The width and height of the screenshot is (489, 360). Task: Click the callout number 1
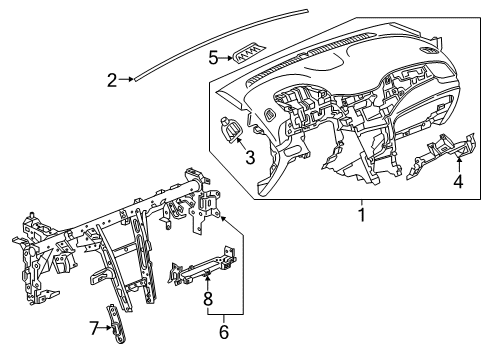(x=362, y=215)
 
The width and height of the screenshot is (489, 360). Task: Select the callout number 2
(x=112, y=80)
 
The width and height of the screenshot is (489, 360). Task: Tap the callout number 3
(x=250, y=157)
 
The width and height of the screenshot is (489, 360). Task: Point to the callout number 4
(x=459, y=181)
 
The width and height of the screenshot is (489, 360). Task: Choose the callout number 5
(x=213, y=58)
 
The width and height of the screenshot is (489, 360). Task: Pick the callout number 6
(x=224, y=332)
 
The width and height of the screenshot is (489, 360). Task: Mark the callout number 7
(x=94, y=328)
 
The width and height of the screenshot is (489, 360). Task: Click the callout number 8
(x=208, y=299)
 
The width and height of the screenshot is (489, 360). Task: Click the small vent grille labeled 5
(x=249, y=53)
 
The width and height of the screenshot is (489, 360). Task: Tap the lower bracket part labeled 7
(x=115, y=323)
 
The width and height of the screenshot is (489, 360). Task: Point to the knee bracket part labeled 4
(x=441, y=156)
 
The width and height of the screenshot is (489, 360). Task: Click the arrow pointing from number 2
(x=126, y=79)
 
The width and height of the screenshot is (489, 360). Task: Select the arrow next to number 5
(x=226, y=58)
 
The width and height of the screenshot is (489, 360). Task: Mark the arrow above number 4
(x=459, y=165)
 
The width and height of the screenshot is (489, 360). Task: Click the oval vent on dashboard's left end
(x=269, y=115)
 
